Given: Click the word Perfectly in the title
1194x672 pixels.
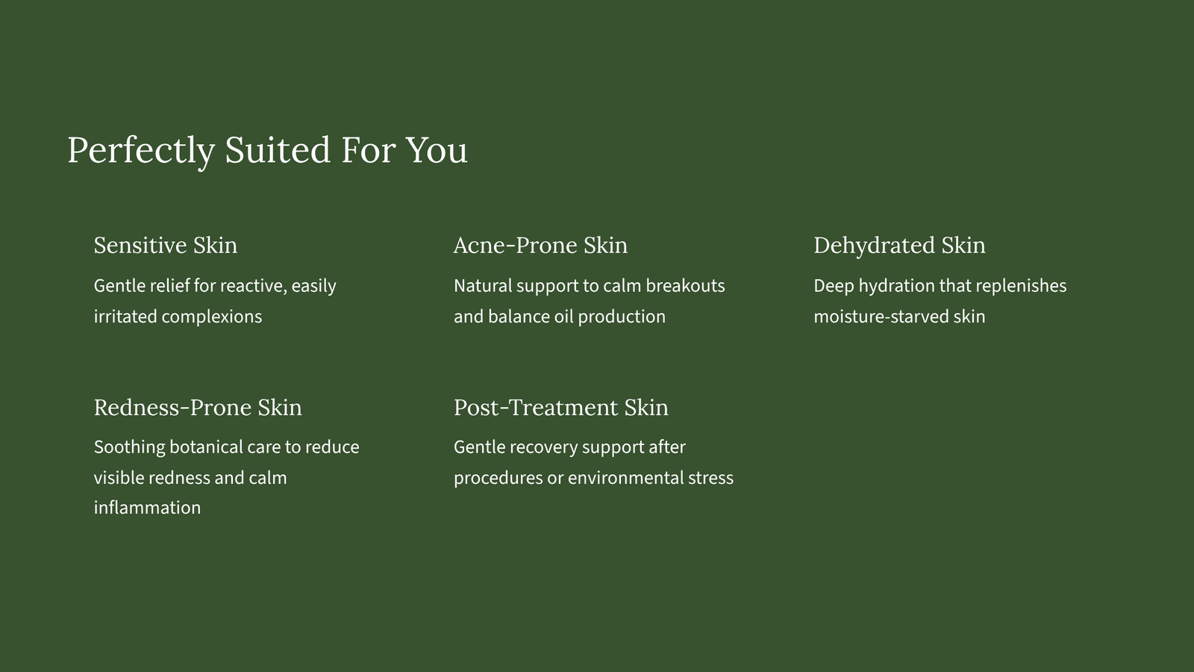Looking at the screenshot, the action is (141, 151).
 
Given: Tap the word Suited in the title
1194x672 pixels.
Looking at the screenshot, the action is (278, 149).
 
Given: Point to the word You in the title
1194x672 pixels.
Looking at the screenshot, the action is (437, 150).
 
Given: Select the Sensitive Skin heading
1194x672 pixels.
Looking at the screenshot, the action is (165, 246).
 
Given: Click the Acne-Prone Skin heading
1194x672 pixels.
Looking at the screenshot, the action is (540, 246).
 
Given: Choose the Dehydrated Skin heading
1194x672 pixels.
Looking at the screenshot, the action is (899, 246).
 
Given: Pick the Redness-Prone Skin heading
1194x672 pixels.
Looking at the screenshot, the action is (198, 408).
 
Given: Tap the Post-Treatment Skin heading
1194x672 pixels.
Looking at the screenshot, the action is (560, 408).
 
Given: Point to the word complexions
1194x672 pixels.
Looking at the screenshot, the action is (212, 317).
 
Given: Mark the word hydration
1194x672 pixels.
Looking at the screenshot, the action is (896, 287).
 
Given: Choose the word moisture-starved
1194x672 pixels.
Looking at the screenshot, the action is (881, 317).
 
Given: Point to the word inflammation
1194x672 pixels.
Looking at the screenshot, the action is (147, 507).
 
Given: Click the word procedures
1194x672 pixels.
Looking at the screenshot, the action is (498, 478).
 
